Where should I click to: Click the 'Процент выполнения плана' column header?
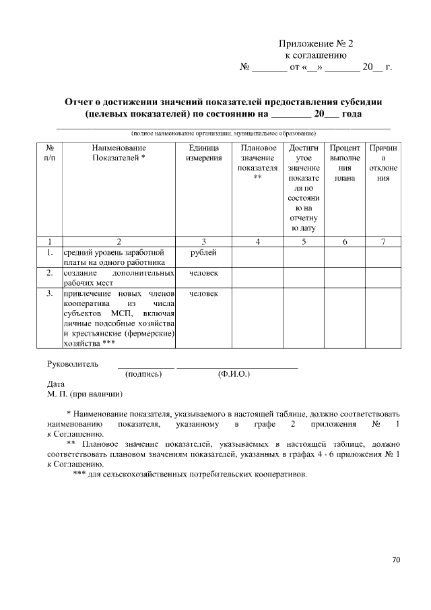[344, 162]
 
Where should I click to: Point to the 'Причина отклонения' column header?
[383, 162]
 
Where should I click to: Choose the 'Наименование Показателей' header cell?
[119, 152]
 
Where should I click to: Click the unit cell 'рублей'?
[203, 252]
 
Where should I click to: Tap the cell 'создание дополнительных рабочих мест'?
[119, 278]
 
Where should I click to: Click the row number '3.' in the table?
[49, 294]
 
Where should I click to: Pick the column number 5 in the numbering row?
[303, 241]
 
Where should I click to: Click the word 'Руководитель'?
[73, 364]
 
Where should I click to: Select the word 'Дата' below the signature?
[56, 384]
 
